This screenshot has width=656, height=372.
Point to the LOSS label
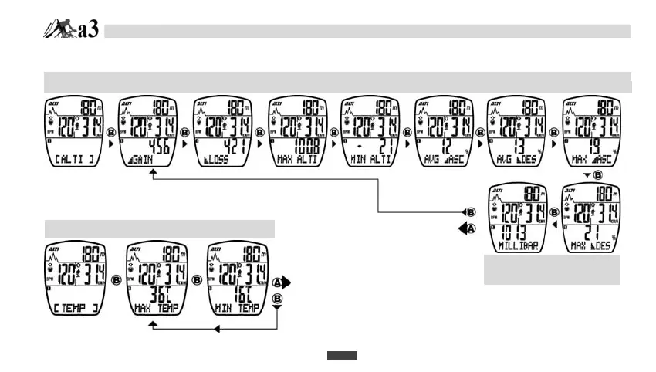coord(220,160)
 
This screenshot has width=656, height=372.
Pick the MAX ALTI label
coord(299,160)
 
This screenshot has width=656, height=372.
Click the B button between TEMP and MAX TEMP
coord(117,280)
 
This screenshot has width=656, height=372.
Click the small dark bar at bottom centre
coord(341,356)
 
